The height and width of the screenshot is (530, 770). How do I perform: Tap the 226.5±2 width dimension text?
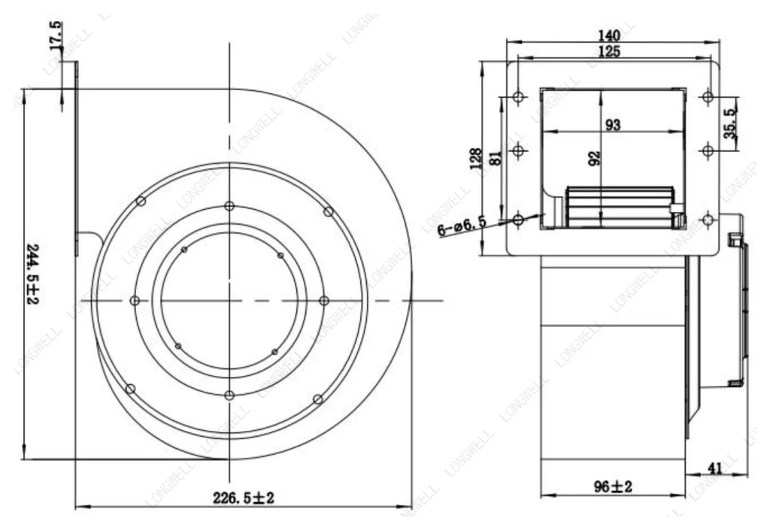(244, 498)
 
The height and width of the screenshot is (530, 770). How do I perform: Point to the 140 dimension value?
(609, 35)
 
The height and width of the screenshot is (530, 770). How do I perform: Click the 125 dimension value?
(609, 51)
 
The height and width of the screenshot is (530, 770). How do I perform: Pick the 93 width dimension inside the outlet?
(612, 125)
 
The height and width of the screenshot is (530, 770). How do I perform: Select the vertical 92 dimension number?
(594, 158)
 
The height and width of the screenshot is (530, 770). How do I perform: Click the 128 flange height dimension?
(475, 159)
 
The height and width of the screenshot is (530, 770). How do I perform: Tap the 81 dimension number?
(496, 158)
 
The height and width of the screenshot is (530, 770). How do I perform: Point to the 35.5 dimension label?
(730, 123)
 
